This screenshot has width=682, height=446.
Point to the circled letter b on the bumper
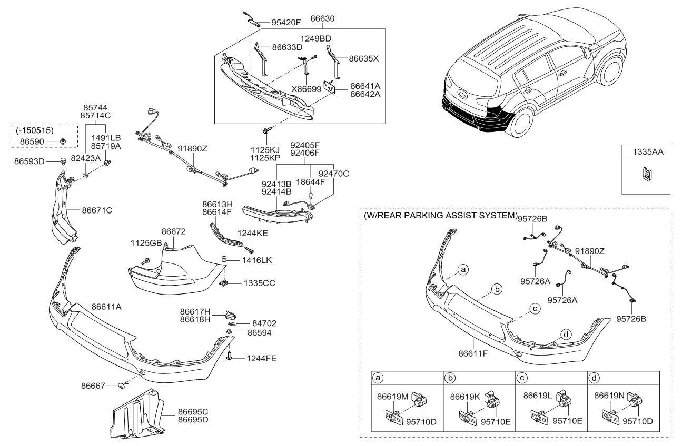[x=496, y=289]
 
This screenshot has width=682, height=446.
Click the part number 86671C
[x=97, y=210]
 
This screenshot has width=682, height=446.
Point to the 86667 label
[x=93, y=386]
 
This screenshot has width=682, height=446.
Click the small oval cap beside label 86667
[x=122, y=386]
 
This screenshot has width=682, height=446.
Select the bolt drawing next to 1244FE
[x=230, y=357]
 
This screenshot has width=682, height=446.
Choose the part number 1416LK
[x=257, y=260]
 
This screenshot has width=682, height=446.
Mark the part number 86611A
[x=107, y=306]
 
